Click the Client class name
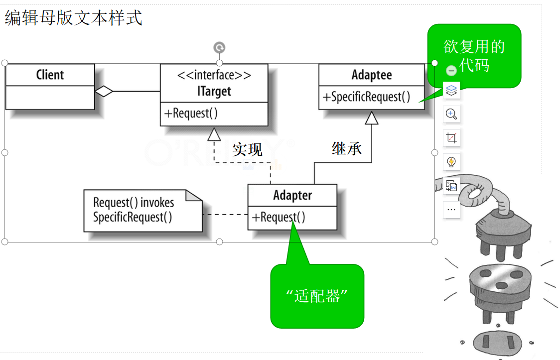tap(50, 75)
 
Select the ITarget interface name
tap(214, 92)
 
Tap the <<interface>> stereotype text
tap(214, 75)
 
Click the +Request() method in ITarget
tap(191, 114)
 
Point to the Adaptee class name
tap(372, 75)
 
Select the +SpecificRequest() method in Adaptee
tap(367, 97)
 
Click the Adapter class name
tap(292, 195)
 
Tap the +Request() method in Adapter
tap(279, 217)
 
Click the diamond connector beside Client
tap(104, 91)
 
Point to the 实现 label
tap(247, 149)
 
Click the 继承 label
tap(347, 148)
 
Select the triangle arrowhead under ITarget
tap(214, 133)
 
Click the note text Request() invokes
tap(134, 203)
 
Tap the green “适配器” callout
tap(317, 296)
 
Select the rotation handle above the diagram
tap(219, 47)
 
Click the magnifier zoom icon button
tap(451, 114)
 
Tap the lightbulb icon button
tap(451, 162)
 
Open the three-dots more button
tap(451, 210)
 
